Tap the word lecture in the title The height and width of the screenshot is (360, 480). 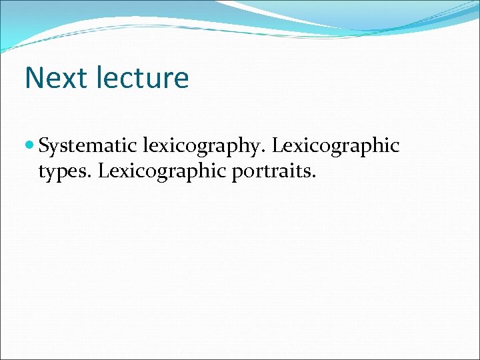click(x=142, y=78)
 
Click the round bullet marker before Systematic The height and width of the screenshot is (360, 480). click(x=31, y=145)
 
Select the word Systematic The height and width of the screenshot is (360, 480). click(x=88, y=146)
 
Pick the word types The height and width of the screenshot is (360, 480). click(x=65, y=171)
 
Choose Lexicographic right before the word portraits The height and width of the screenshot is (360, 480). click(x=163, y=171)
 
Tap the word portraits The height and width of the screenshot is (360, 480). click(x=272, y=171)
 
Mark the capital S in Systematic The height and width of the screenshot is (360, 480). click(x=44, y=145)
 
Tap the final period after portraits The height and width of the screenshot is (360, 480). click(x=314, y=176)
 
